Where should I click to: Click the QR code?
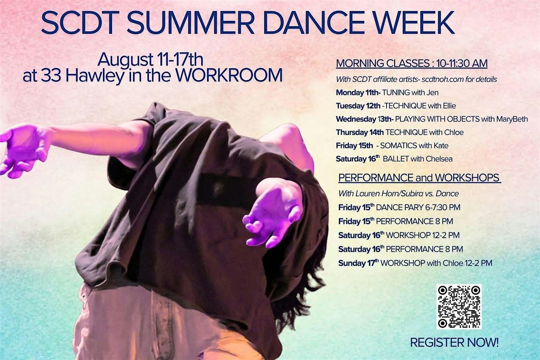click(x=459, y=307)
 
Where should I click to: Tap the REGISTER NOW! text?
click(x=454, y=342)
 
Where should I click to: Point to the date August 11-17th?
click(x=150, y=60)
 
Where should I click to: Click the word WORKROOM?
click(x=229, y=76)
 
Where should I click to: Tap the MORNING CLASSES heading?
click(x=382, y=63)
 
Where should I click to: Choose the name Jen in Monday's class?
click(x=432, y=93)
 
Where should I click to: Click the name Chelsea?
click(x=439, y=159)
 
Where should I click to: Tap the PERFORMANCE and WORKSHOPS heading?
click(x=419, y=178)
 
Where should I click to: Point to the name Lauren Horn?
click(x=378, y=193)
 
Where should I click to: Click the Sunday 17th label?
click(x=359, y=263)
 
